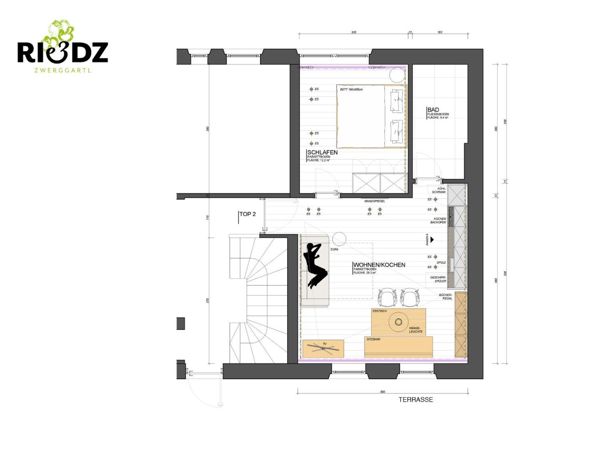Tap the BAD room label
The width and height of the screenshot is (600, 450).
433,110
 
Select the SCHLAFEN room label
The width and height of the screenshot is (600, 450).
322,152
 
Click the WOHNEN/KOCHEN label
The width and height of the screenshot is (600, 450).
379,265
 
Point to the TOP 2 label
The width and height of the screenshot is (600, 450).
247,214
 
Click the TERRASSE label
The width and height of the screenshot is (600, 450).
415,400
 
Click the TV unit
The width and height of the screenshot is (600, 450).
323,348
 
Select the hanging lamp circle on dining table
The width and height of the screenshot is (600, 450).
398,322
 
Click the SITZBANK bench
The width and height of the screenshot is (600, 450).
398,347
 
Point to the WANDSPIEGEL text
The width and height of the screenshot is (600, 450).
375,201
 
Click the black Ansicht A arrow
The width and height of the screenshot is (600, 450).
432,240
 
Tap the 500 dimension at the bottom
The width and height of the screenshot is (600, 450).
382,392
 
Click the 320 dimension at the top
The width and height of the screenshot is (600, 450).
354,32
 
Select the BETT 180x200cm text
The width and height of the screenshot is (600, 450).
351,90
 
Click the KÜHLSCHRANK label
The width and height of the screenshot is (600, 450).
439,190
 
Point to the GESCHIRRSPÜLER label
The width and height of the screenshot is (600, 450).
438,279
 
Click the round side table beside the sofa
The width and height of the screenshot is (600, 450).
339,239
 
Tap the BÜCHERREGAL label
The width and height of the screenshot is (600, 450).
445,297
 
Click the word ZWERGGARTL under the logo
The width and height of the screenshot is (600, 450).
63,70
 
